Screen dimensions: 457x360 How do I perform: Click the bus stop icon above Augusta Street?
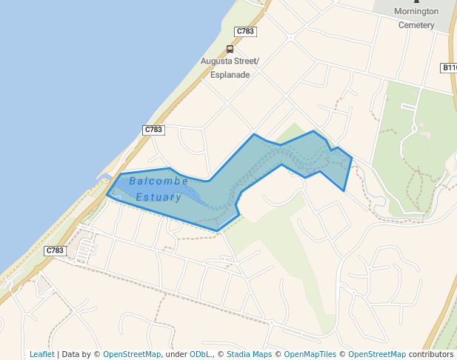pyautogui.click(x=230, y=49)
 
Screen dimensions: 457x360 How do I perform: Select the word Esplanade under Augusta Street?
pyautogui.click(x=230, y=75)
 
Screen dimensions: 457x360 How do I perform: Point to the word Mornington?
pyautogui.click(x=416, y=11)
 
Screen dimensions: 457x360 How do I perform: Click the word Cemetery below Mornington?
pyautogui.click(x=416, y=24)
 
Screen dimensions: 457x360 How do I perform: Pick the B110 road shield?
pyautogui.click(x=449, y=68)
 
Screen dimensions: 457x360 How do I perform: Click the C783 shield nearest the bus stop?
pyautogui.click(x=245, y=31)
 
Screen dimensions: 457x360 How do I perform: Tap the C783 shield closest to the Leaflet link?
pyautogui.click(x=55, y=250)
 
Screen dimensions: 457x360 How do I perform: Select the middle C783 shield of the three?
pyautogui.click(x=153, y=130)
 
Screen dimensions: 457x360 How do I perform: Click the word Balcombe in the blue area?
pyautogui.click(x=159, y=181)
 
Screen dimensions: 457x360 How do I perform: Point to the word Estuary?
pyautogui.click(x=159, y=198)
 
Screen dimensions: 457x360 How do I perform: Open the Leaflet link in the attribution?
pyautogui.click(x=41, y=354)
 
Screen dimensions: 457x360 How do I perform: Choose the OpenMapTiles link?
pyautogui.click(x=310, y=354)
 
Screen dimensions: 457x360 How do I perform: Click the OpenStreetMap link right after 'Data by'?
pyautogui.click(x=132, y=354)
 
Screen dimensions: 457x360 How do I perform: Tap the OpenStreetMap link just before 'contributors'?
pyautogui.click(x=377, y=354)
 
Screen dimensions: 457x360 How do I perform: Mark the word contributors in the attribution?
pyautogui.click(x=431, y=354)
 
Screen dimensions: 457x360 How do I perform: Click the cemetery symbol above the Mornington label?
pyautogui.click(x=416, y=1)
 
